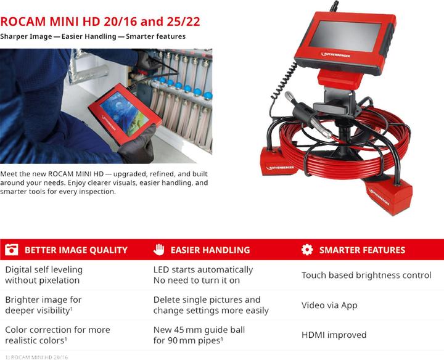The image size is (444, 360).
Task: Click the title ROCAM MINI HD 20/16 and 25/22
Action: pyautogui.click(x=100, y=22)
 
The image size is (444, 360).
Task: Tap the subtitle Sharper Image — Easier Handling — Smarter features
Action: pyautogui.click(x=92, y=36)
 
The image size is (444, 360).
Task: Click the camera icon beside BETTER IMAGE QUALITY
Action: pyautogui.click(x=11, y=250)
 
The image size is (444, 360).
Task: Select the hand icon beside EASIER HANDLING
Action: pyautogui.click(x=158, y=250)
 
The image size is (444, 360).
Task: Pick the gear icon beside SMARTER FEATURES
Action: pyautogui.click(x=307, y=250)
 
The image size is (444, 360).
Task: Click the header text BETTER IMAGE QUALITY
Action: pyautogui.click(x=76, y=250)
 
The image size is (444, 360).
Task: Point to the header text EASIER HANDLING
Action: pyautogui.click(x=210, y=250)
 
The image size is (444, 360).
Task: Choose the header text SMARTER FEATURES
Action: pyautogui.click(x=362, y=250)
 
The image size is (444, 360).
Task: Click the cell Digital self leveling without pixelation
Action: pyautogui.click(x=44, y=275)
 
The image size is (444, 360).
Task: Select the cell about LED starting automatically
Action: pyautogui.click(x=203, y=275)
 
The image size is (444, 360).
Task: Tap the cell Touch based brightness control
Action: pyautogui.click(x=366, y=275)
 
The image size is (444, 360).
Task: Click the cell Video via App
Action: pyautogui.click(x=329, y=305)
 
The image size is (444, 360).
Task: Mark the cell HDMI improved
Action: pyautogui.click(x=334, y=335)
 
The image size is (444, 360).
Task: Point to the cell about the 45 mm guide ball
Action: pyautogui.click(x=199, y=335)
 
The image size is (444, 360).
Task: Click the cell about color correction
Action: pyautogui.click(x=57, y=335)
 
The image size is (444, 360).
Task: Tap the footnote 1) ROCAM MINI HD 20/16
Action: pyautogui.click(x=35, y=356)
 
